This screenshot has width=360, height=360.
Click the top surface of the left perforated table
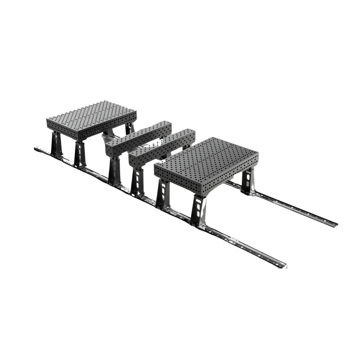point(92,115)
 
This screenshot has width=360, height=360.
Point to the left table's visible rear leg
point(130,128)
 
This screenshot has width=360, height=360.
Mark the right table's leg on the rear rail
point(248,182)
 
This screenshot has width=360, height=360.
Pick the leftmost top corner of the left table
point(48,119)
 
